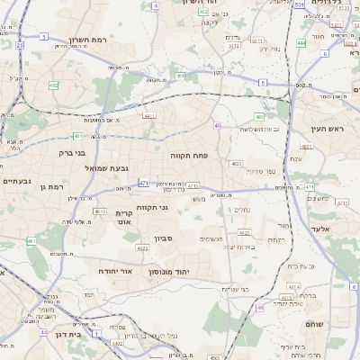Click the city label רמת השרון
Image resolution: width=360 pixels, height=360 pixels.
pyautogui.click(x=87, y=40)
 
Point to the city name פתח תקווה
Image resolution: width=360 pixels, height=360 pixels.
pyautogui.click(x=189, y=155)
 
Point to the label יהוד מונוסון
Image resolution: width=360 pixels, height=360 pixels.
pyautogui.click(x=190, y=270)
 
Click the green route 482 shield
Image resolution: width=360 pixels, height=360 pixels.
pyautogui.click(x=54, y=85)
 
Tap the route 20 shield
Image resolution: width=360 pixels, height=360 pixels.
pyautogui.click(x=20, y=44)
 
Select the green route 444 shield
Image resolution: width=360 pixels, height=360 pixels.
pyautogui.click(x=301, y=42)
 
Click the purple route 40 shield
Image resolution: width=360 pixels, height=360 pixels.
pyautogui.click(x=217, y=125)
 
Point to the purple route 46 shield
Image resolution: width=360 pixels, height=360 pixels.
pyautogui.click(x=260, y=308)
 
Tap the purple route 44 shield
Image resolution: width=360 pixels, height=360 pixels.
pyautogui.click(x=43, y=332)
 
